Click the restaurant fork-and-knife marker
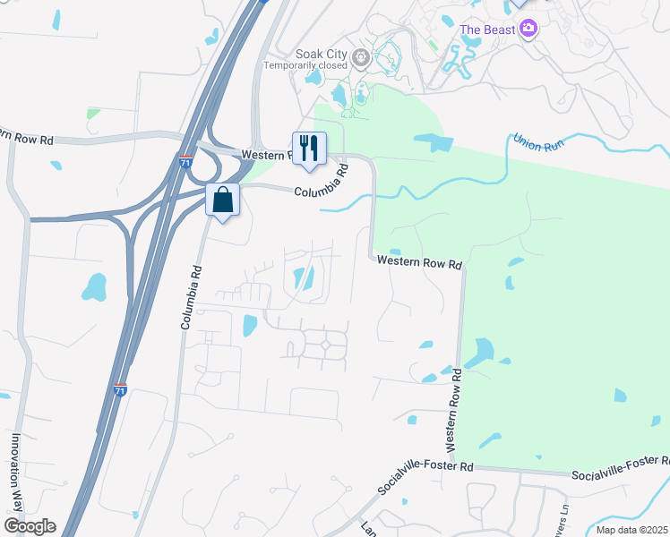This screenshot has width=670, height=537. [x=309, y=149]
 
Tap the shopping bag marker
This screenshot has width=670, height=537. [x=223, y=200]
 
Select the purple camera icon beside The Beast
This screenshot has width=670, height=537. [x=528, y=29]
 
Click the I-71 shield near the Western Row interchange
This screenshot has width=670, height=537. [x=185, y=162]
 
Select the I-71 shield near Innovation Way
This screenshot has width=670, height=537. [x=121, y=389]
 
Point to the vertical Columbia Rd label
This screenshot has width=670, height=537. [x=189, y=296]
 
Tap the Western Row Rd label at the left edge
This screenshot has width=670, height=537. [x=26, y=136]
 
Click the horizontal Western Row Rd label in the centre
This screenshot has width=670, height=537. [x=418, y=263]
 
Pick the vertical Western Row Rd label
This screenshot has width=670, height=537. [x=452, y=408]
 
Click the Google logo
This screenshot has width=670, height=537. [x=30, y=526]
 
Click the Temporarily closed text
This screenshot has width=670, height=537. [x=305, y=65]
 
